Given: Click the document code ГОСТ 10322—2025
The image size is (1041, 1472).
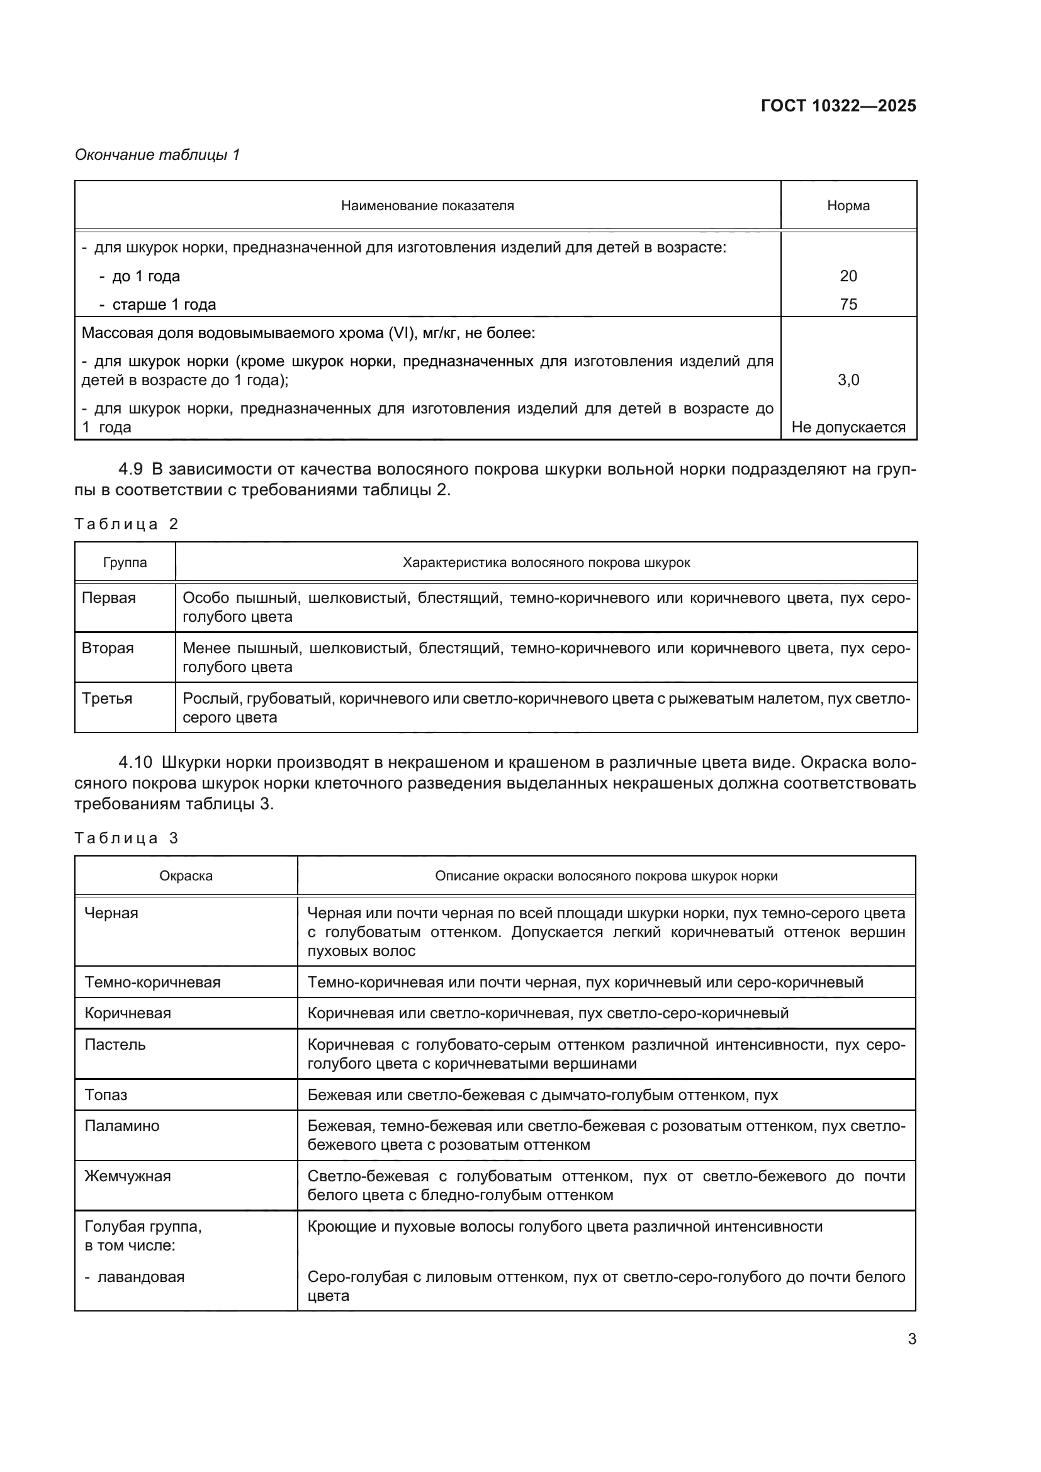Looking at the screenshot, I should [x=838, y=106].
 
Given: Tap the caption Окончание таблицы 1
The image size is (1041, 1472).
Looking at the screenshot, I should [x=157, y=155].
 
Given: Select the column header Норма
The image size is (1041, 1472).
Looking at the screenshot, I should [x=847, y=206].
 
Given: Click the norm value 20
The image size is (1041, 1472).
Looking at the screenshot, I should [x=847, y=276].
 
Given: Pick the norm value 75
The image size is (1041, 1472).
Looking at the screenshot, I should [x=847, y=305].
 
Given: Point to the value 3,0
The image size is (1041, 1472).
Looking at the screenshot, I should [x=847, y=380].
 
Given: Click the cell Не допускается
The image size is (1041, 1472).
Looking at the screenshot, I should [x=847, y=427].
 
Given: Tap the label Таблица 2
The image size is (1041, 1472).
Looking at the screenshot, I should [x=127, y=524].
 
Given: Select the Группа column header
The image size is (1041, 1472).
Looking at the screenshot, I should [x=125, y=563].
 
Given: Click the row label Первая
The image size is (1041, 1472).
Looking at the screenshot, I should [x=109, y=598].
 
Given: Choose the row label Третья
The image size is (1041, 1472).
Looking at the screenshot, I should [x=107, y=699].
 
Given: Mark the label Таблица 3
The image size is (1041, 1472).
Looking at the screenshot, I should [x=127, y=838].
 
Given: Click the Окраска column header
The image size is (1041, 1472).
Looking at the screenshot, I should [x=186, y=877].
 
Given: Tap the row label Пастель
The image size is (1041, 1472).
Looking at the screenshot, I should [x=115, y=1045].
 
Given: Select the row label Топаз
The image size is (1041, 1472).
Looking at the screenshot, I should [x=106, y=1095].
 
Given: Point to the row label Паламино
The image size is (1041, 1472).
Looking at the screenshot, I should [x=122, y=1126].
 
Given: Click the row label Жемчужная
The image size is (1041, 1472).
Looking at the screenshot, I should [x=128, y=1176].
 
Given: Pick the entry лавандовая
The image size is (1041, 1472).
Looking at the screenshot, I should [x=140, y=1277].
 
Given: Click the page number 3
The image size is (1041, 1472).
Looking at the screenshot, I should [x=911, y=1339].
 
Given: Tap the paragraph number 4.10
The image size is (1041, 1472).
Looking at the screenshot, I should [x=135, y=763].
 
